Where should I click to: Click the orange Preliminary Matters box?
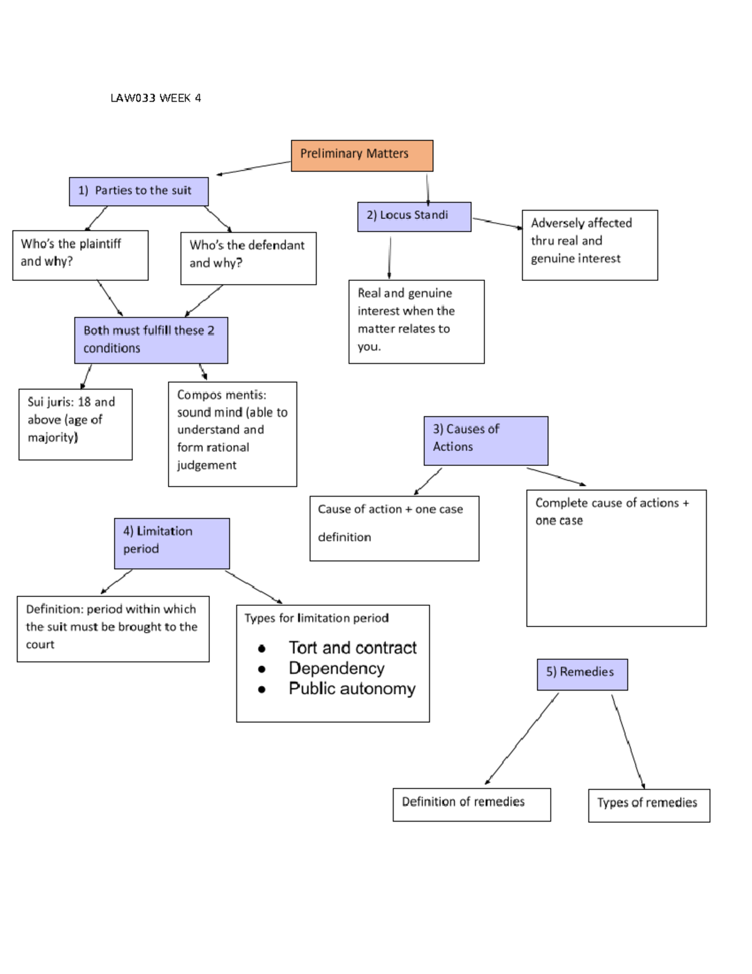tap(362, 156)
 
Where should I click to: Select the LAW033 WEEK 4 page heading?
tap(155, 98)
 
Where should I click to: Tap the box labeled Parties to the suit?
tap(138, 191)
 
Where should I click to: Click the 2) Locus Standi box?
tap(414, 216)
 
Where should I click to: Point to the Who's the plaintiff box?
tap(80, 255)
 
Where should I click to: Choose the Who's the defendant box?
tap(248, 258)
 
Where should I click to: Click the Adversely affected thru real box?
tap(589, 245)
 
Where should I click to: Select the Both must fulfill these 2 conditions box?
tap(151, 340)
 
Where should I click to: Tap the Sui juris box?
tap(75, 424)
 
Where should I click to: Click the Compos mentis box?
tap(232, 433)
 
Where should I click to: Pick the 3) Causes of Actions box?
tap(486, 440)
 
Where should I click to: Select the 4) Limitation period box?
tap(172, 543)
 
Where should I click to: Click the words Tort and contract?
tap(352, 648)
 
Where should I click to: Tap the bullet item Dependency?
tap(337, 669)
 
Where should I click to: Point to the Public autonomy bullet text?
tap(352, 689)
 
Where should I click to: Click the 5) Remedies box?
tap(582, 674)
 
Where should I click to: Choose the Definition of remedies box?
tap(471, 804)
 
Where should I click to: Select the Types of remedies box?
tap(649, 805)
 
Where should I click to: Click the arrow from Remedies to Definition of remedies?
tap(521, 739)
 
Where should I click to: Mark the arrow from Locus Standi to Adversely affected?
tap(497, 223)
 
